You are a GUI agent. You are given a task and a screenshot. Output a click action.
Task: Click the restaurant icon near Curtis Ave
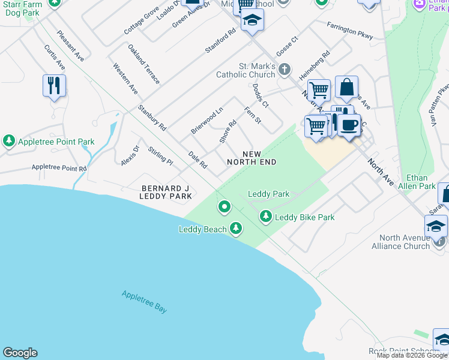(54, 85)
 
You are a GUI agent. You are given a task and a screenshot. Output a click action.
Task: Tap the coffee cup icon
(349, 125)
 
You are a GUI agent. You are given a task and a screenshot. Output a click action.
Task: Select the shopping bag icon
(346, 88)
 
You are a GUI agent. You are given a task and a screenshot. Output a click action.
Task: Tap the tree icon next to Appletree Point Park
(8, 142)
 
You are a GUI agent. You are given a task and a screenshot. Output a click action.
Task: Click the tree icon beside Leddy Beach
(236, 229)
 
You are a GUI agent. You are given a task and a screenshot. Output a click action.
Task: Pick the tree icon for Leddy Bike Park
(265, 216)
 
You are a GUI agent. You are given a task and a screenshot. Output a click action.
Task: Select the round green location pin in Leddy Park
(224, 207)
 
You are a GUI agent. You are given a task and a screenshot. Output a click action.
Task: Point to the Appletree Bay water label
(144, 301)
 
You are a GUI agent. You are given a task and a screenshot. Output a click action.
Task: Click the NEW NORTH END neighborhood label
(252, 158)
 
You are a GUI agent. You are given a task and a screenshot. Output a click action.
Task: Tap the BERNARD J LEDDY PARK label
(165, 191)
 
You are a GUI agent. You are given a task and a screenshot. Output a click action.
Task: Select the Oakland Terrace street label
(143, 64)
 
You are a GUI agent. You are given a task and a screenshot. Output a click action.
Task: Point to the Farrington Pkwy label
(350, 32)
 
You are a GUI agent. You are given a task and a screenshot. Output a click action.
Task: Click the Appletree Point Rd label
(59, 169)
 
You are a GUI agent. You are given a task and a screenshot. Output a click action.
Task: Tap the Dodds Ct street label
(261, 95)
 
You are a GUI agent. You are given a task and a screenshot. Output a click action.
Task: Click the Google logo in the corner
(20, 353)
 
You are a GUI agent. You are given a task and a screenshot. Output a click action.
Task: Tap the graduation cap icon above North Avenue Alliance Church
(436, 226)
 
